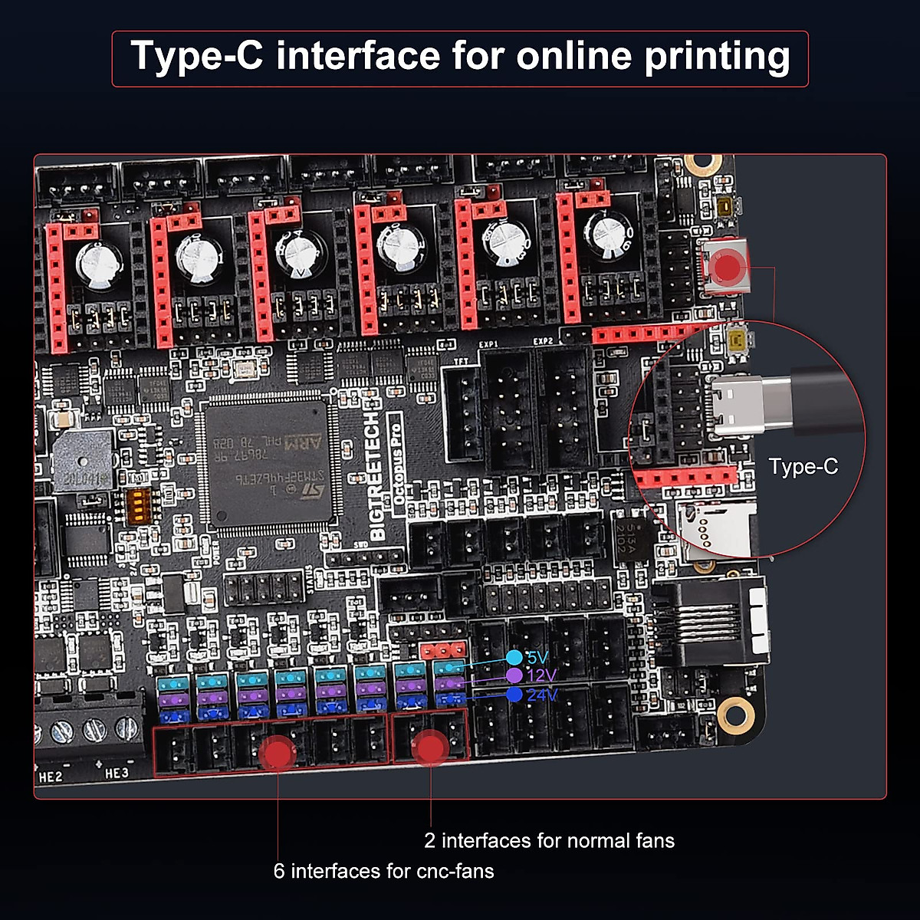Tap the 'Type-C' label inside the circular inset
(x=803, y=466)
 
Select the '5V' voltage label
(x=537, y=658)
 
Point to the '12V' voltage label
(x=541, y=676)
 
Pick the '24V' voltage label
(x=542, y=695)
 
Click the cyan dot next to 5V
(x=514, y=658)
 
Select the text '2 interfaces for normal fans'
(x=549, y=841)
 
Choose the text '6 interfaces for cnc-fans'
(x=383, y=872)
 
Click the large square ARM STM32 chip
(x=269, y=465)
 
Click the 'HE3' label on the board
(x=117, y=774)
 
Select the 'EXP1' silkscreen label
(x=488, y=344)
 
